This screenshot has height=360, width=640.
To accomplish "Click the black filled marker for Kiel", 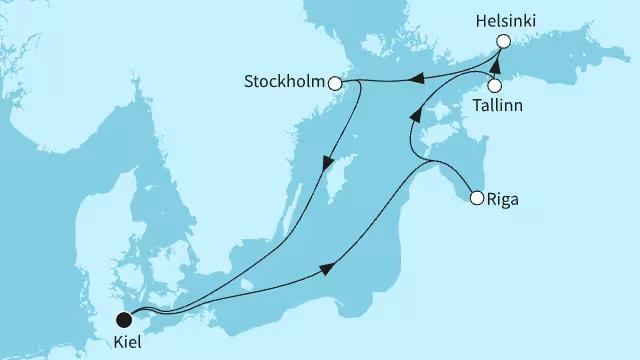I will coord(124,320).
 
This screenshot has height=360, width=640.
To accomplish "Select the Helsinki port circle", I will coord(503,41).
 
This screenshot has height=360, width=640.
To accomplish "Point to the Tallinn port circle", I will coord(494,85).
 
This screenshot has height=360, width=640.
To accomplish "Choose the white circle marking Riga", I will coord(477,197).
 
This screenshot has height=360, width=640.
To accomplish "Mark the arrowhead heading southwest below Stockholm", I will coord(326,164).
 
